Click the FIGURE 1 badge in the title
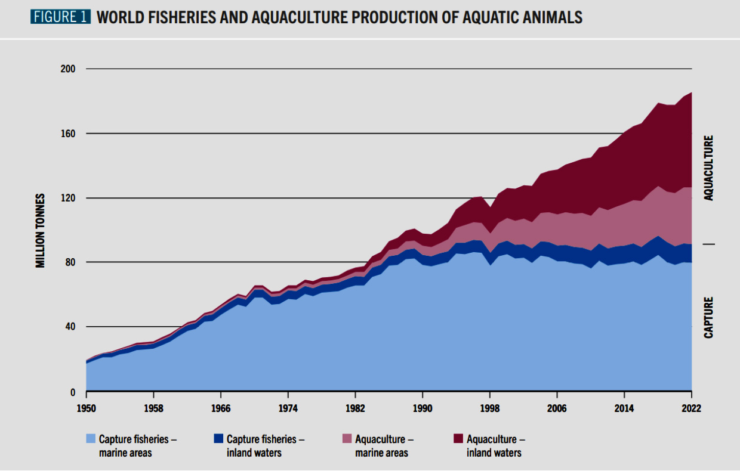point(60,17)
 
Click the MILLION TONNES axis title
point(41,230)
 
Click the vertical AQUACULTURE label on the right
point(708,168)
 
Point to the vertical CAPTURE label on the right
point(708,317)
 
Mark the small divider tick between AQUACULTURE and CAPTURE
point(708,244)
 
